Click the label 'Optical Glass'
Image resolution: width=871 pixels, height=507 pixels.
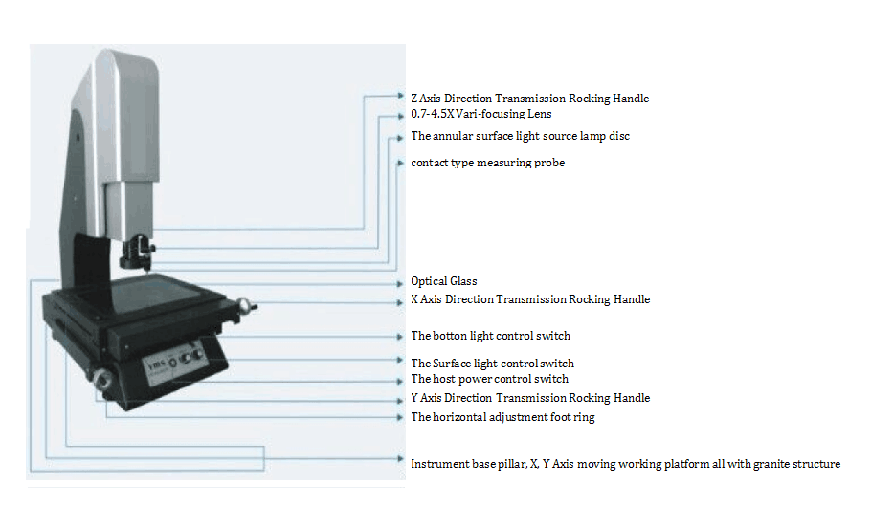click(444, 281)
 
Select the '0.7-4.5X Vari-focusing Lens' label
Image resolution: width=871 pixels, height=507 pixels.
click(481, 114)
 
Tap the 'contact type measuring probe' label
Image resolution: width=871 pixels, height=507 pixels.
click(488, 163)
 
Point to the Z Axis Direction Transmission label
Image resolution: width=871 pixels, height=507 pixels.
click(530, 99)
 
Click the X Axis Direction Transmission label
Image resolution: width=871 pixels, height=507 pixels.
click(530, 299)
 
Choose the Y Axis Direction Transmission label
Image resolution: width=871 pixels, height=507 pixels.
click(530, 398)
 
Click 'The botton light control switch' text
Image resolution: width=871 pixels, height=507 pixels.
click(490, 336)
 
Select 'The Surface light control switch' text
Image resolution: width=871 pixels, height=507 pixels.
click(493, 364)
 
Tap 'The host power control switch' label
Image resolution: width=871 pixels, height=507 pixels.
click(489, 379)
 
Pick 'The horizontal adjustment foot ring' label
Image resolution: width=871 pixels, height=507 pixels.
click(502, 417)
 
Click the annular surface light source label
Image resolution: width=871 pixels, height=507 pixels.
click(521, 136)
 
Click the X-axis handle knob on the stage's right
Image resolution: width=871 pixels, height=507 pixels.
click(244, 305)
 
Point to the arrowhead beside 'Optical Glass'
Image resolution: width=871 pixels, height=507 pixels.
click(400, 284)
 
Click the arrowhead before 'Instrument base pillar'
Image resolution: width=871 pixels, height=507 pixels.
click(400, 458)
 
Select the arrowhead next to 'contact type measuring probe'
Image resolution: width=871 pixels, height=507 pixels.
click(400, 163)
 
